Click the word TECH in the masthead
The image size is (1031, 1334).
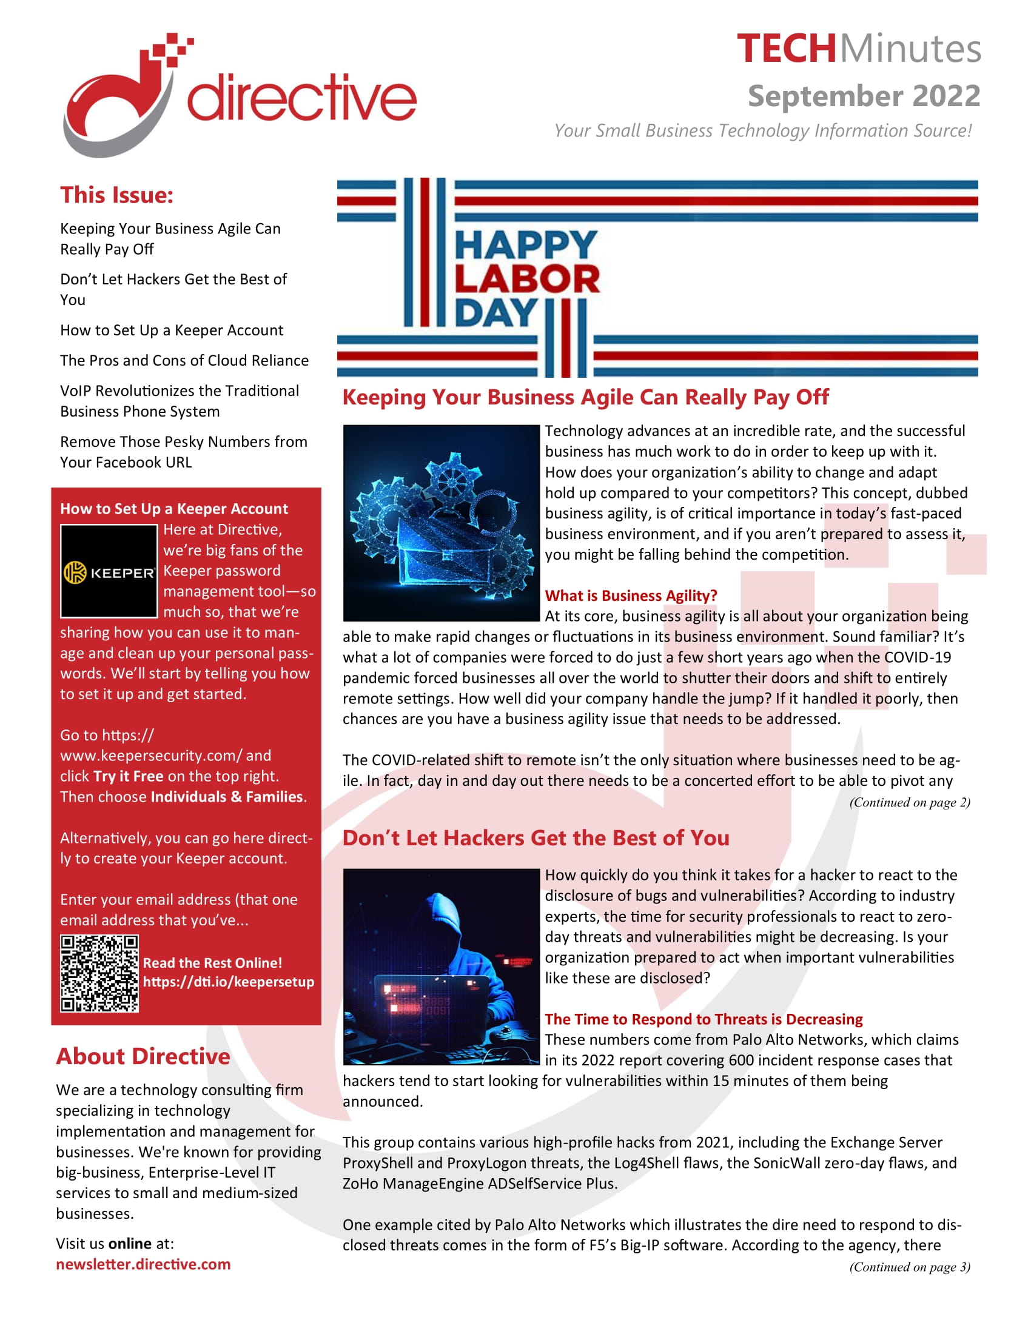[x=785, y=49]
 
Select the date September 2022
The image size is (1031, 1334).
[x=864, y=96]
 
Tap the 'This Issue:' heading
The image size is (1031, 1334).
[x=116, y=195]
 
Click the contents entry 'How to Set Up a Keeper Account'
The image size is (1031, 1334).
[x=172, y=330]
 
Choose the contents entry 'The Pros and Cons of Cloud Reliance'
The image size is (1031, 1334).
[x=184, y=360]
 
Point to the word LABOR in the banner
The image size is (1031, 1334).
[x=526, y=279]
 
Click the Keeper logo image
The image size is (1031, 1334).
[x=109, y=571]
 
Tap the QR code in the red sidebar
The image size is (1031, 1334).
[x=99, y=974]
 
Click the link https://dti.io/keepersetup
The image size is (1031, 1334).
[x=229, y=982]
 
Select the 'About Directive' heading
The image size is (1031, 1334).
[x=143, y=1056]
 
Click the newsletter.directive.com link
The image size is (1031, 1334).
[x=143, y=1264]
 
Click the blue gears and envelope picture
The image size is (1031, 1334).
[x=441, y=523]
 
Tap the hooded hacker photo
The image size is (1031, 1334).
[x=441, y=967]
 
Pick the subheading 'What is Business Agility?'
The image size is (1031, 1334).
[x=630, y=595]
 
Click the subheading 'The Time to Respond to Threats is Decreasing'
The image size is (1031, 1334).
[x=703, y=1019]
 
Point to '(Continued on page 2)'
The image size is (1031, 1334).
[x=909, y=802]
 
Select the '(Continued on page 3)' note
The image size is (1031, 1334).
[x=909, y=1266]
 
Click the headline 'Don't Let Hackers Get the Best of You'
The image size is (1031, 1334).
[x=536, y=838]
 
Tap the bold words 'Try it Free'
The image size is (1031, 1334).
[x=128, y=776]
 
